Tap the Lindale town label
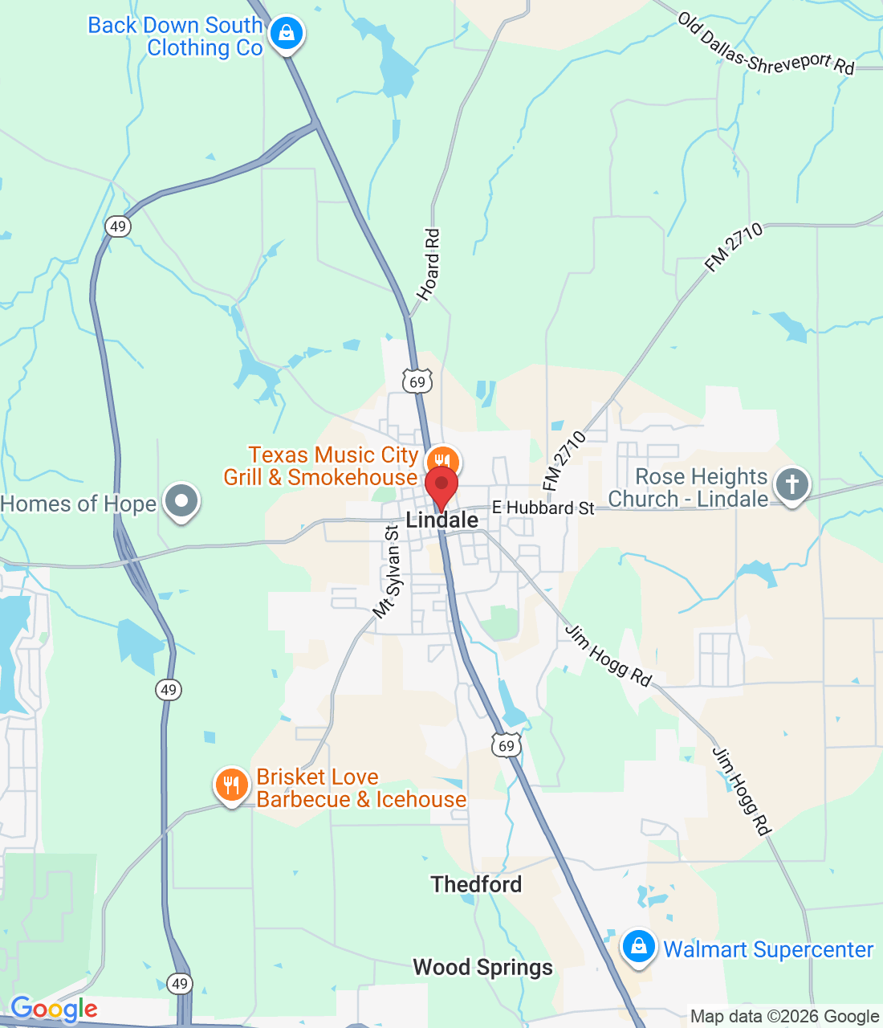click(x=442, y=520)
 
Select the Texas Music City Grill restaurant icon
click(x=441, y=463)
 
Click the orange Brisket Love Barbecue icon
click(x=232, y=785)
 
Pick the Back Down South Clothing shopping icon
click(x=286, y=34)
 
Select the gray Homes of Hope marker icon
click(x=181, y=501)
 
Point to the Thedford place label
click(x=476, y=884)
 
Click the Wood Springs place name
click(x=482, y=967)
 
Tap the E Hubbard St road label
click(x=543, y=508)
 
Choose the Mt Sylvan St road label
click(x=387, y=572)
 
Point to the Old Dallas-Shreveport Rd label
click(x=765, y=43)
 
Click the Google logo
click(x=54, y=1009)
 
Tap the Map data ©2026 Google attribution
click(x=784, y=1017)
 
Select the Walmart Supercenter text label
click(x=768, y=949)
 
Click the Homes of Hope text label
click(x=79, y=504)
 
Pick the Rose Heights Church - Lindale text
click(x=688, y=487)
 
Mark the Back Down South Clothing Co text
click(x=176, y=37)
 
